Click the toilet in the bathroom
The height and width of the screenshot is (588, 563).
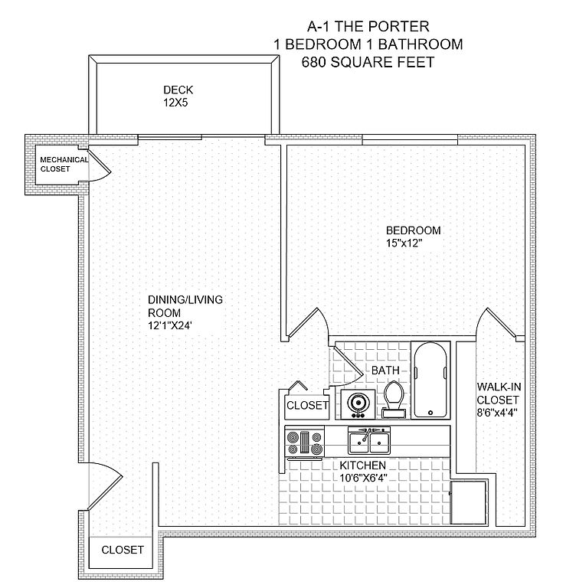coord(394,398)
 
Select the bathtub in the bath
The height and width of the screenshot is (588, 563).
coord(430,380)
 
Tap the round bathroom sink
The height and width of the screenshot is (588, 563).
coord(356,402)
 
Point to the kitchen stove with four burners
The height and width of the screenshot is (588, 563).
coord(304,443)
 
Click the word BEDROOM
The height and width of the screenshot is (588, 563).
coord(413,230)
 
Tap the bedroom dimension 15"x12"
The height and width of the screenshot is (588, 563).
coord(404,243)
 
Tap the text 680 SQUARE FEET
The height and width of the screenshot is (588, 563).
coord(368,62)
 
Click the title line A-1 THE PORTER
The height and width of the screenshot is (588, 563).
coord(368,26)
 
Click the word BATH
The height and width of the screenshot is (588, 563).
coord(385,371)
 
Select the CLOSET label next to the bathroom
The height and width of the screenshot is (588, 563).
coord(306,405)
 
